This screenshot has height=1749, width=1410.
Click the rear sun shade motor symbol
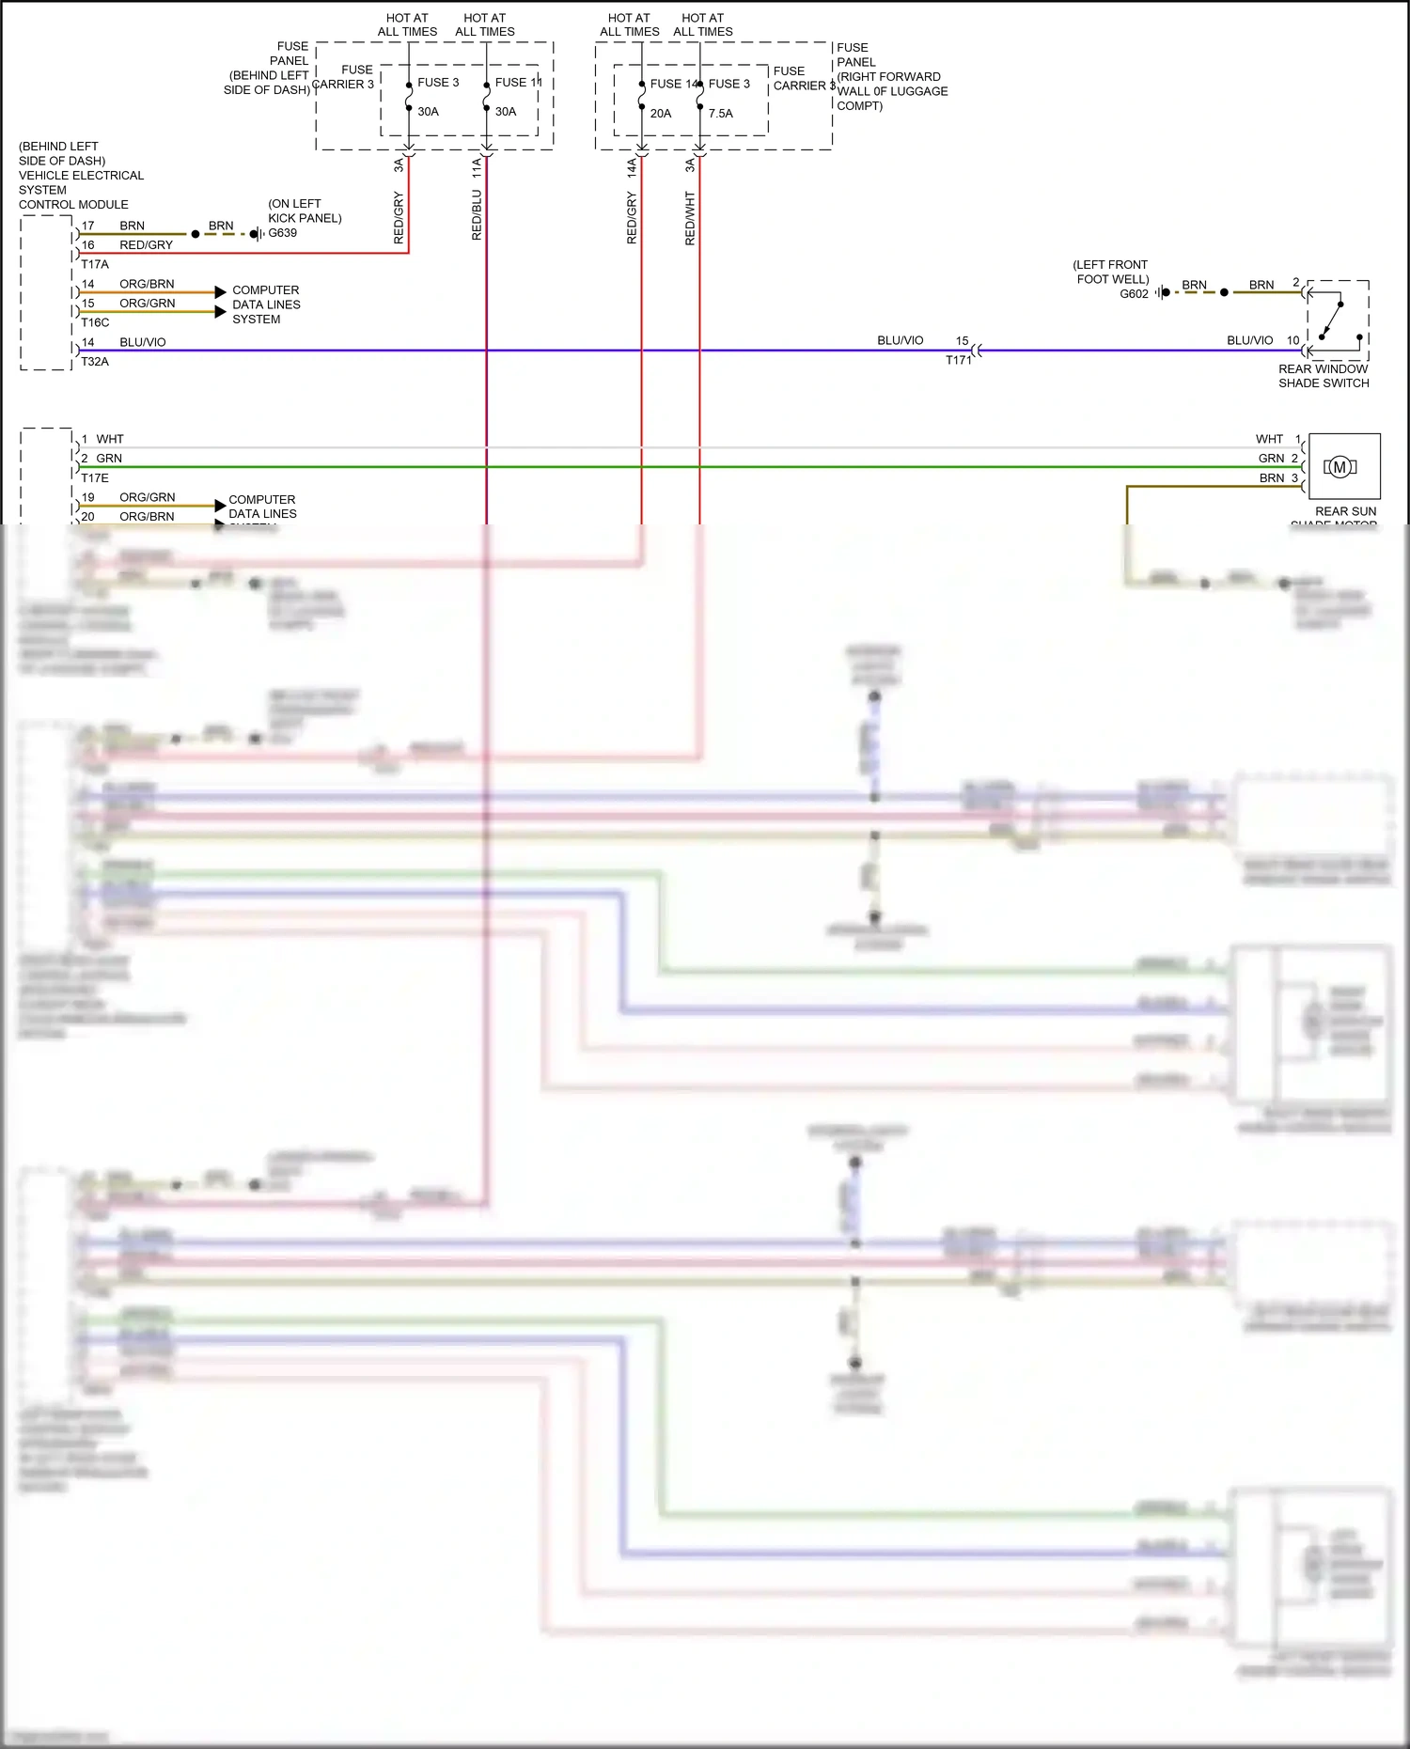coord(1339,467)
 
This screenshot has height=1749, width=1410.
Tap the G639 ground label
coord(282,233)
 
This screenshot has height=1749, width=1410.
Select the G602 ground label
coord(1134,294)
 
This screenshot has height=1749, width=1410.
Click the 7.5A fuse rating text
coord(721,114)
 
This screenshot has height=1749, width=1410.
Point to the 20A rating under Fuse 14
coord(661,114)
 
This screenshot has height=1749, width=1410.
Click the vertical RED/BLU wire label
coord(477,215)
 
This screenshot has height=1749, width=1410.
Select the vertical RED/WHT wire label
coord(690,219)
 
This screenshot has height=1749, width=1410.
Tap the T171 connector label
coord(958,361)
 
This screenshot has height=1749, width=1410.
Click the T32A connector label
coord(95,362)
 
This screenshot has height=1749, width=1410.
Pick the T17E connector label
coord(95,478)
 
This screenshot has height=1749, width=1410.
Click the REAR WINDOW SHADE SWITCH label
coord(1324,376)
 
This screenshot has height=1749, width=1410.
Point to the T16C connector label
coord(95,322)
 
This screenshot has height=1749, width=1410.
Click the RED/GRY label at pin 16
coord(146,245)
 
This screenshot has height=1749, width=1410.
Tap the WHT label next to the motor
coord(1269,439)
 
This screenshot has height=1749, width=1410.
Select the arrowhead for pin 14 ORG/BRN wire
coord(220,292)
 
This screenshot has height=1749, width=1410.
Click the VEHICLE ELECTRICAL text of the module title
coord(81,176)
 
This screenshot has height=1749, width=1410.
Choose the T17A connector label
coord(95,264)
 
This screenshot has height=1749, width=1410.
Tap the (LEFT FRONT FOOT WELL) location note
coord(1111,272)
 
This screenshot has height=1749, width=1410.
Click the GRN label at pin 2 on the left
coord(109,459)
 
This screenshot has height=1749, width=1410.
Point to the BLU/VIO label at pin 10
coord(1249,340)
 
